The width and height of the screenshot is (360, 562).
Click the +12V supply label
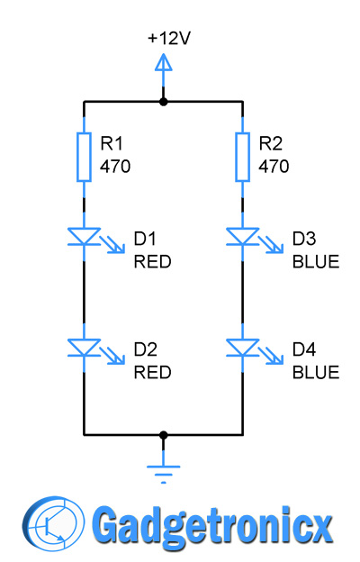click(x=169, y=39)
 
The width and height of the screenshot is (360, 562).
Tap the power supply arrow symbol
click(x=163, y=65)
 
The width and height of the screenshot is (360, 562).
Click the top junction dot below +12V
click(x=163, y=102)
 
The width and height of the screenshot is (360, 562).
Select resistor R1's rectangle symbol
click(x=84, y=157)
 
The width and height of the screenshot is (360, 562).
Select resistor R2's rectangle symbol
click(x=242, y=157)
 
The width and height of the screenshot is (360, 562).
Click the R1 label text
click(x=112, y=144)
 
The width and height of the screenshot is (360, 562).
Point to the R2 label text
click(x=270, y=144)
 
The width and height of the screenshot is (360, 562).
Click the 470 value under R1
click(x=115, y=167)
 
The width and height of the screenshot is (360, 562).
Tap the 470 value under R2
click(x=274, y=167)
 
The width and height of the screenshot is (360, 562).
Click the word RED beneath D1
click(x=152, y=262)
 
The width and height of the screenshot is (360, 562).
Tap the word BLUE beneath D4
click(x=316, y=373)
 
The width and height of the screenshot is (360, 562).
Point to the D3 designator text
click(x=304, y=239)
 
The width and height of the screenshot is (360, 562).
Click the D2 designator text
click(x=146, y=349)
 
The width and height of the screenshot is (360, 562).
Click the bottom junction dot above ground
click(x=163, y=435)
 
